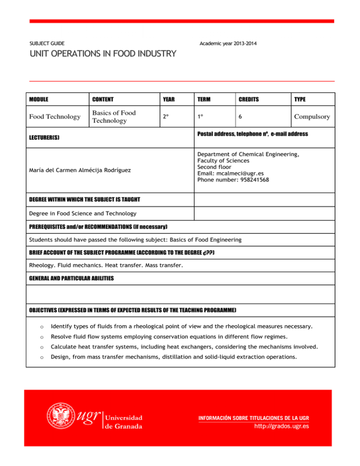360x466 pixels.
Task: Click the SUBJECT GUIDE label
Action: point(47,43)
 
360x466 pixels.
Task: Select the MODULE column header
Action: point(39,99)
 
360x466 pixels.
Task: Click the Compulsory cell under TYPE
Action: point(312,117)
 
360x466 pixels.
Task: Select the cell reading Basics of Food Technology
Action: point(114,117)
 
